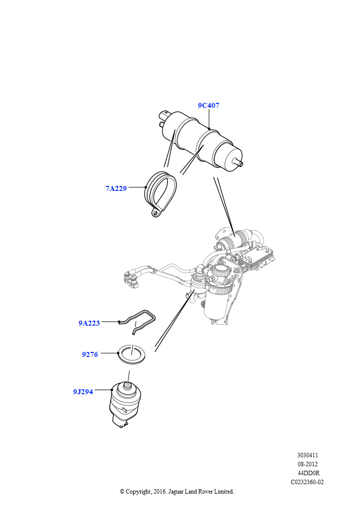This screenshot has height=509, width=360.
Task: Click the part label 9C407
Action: [208, 106]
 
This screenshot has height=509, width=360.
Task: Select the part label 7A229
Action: [116, 188]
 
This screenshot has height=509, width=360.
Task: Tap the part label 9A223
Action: [89, 323]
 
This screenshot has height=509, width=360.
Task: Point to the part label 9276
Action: [90, 355]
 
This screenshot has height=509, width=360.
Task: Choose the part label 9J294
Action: [83, 392]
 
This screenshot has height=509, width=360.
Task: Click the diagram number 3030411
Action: [307, 455]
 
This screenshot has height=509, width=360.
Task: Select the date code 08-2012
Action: [307, 464]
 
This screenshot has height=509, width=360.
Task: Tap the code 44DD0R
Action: [307, 473]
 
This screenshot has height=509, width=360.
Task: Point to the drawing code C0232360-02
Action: [307, 482]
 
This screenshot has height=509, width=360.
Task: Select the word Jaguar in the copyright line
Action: [182, 492]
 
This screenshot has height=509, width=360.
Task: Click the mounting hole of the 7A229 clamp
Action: [156, 214]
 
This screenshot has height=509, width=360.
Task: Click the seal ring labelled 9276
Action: [131, 354]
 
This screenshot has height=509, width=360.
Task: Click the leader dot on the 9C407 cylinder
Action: [209, 129]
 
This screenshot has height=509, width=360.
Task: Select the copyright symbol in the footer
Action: [122, 492]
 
